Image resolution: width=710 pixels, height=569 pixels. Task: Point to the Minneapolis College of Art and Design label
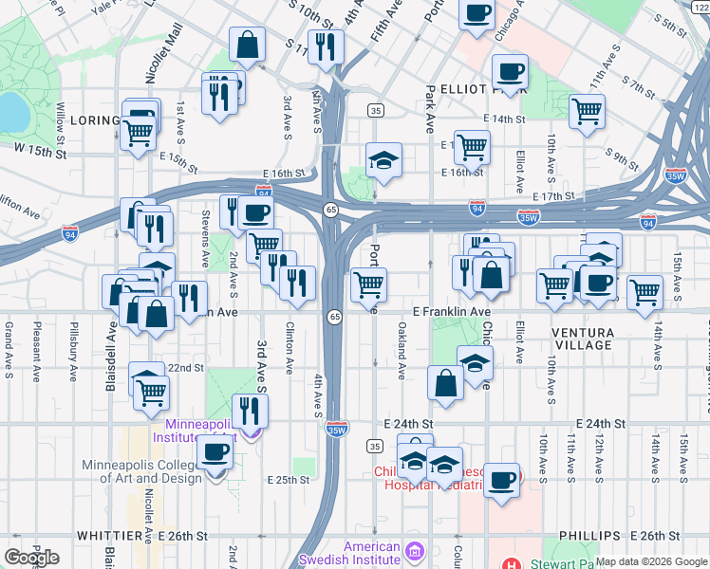(142, 471)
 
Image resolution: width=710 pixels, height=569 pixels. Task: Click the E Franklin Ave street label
(452, 311)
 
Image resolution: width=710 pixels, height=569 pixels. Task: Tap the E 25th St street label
(289, 480)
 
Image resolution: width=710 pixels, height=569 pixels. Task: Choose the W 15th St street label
(40, 151)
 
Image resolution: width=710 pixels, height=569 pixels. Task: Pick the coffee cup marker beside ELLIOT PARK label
(510, 72)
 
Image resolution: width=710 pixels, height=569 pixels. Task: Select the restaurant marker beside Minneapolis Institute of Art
(250, 410)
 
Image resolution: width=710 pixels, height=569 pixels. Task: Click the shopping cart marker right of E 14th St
(588, 110)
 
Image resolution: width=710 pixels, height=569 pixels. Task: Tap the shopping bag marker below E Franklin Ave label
(445, 384)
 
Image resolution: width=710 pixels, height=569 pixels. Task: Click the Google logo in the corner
(31, 558)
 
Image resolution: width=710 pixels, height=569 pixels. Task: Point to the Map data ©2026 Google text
(651, 561)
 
